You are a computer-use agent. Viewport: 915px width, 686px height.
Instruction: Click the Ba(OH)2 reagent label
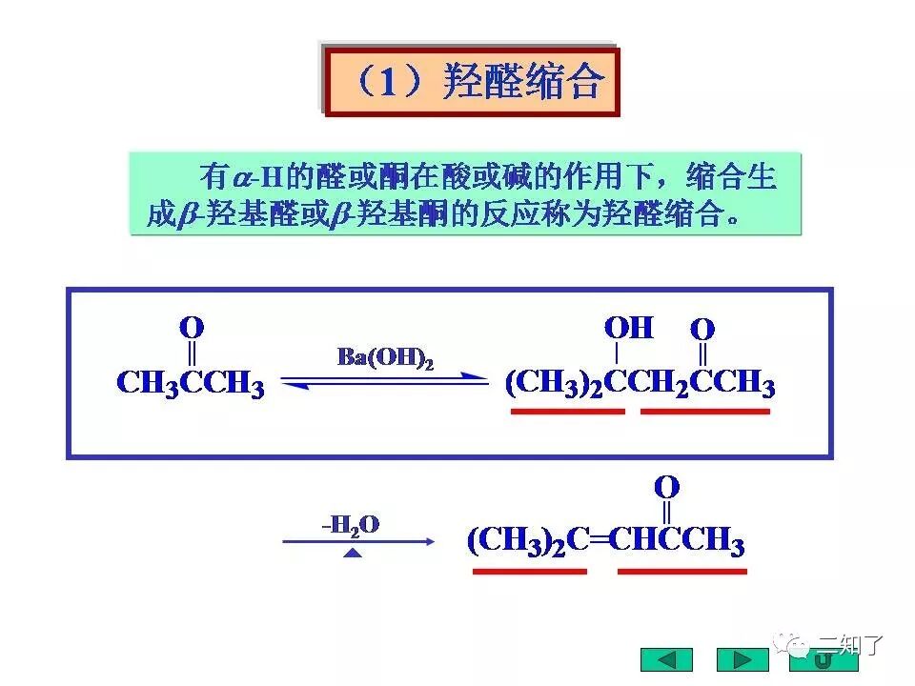click(x=386, y=358)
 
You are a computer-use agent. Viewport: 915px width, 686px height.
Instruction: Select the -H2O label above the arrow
click(x=351, y=523)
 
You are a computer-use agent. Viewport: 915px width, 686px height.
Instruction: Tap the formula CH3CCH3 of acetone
click(x=190, y=384)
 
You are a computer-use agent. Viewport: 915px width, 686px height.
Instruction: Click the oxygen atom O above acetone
click(x=192, y=329)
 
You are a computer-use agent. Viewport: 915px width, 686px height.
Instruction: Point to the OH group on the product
click(x=629, y=329)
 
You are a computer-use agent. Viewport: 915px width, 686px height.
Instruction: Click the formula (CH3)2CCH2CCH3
click(x=640, y=384)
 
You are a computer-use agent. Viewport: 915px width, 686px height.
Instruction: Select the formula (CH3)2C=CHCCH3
click(x=605, y=542)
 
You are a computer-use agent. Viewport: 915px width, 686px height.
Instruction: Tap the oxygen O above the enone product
click(x=666, y=488)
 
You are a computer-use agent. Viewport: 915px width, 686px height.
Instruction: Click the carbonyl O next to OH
click(x=702, y=330)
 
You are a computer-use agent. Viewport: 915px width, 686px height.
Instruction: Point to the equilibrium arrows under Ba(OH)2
click(x=385, y=380)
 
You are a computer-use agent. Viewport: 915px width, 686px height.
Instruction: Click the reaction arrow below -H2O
click(x=358, y=541)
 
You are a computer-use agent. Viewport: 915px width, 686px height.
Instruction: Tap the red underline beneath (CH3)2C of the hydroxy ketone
click(x=568, y=412)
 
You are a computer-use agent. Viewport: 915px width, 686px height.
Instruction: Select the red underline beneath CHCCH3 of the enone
click(x=682, y=572)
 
